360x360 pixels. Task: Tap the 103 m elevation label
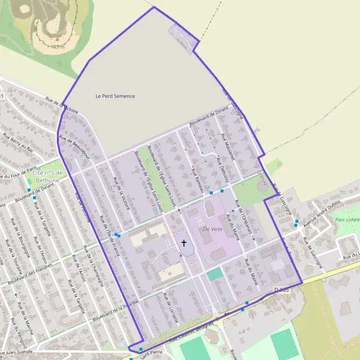tap(58, 46)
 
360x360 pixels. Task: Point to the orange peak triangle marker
tap(58, 40)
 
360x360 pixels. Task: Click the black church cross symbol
tap(184, 243)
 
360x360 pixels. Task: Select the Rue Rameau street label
tap(194, 179)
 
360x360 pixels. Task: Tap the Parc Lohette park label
tap(346, 220)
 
